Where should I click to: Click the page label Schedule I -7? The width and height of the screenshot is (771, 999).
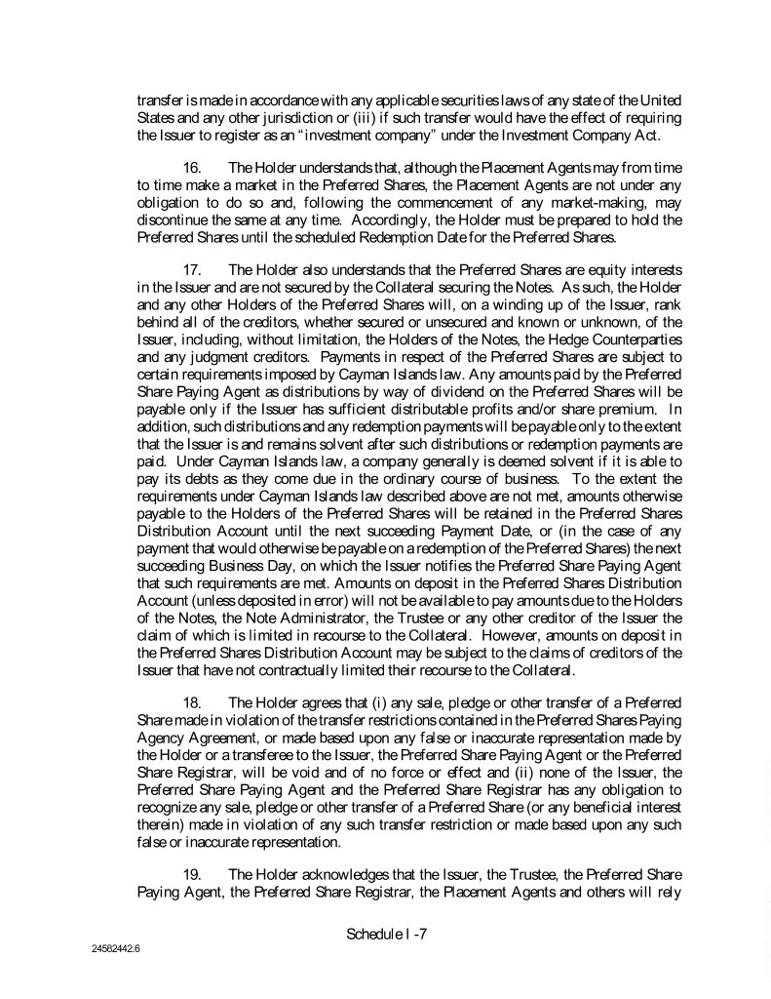pyautogui.click(x=387, y=934)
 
